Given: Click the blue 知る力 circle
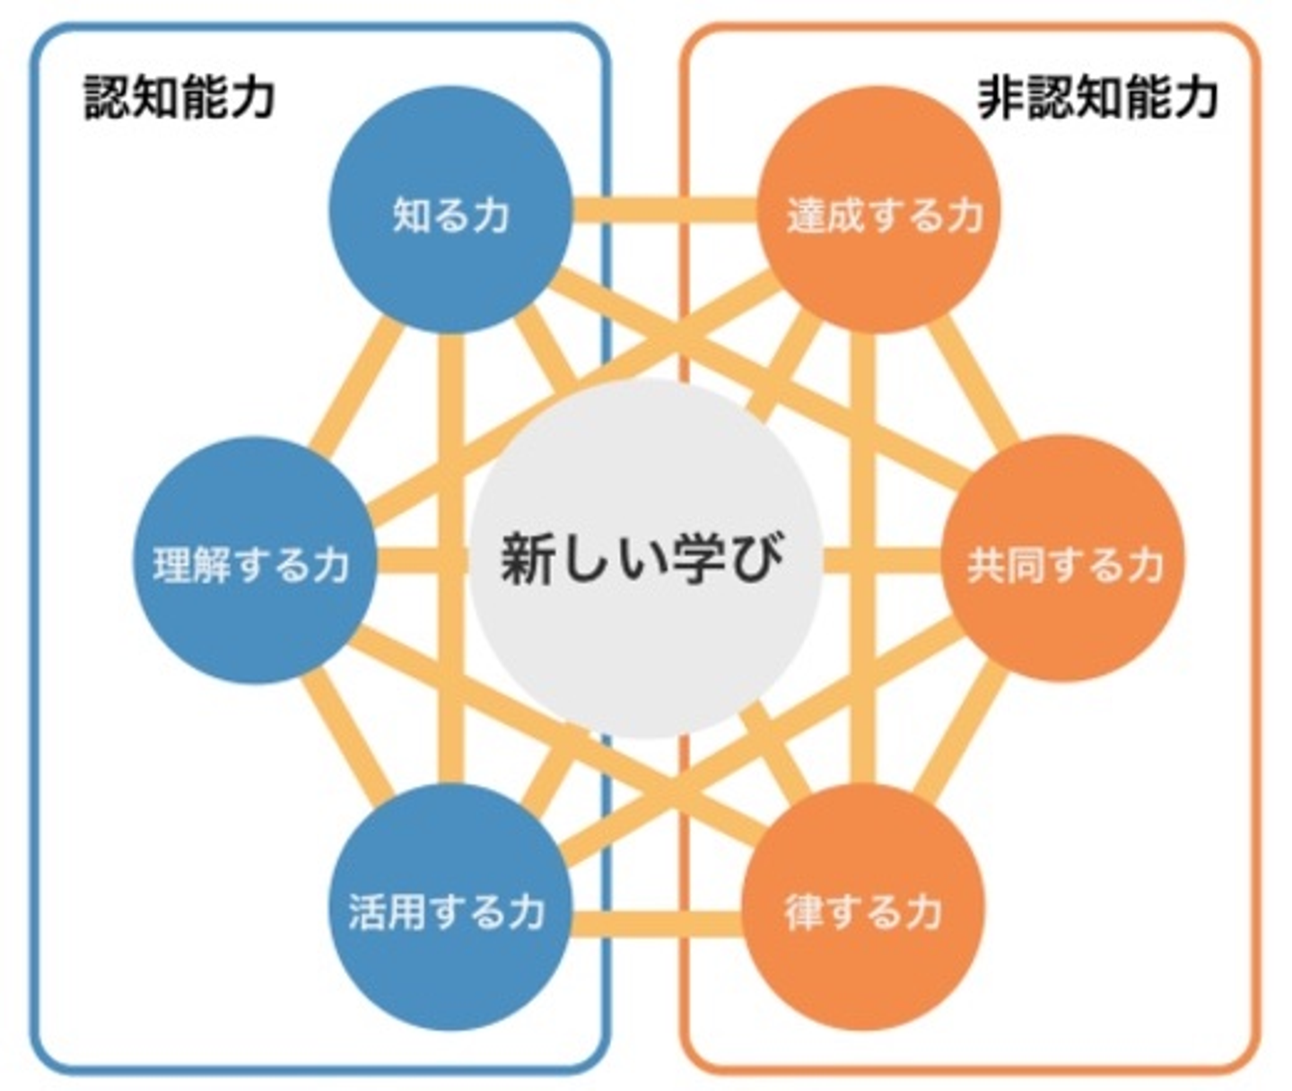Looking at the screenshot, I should coord(451,212).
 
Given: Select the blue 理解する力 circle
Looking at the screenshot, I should coord(254,562).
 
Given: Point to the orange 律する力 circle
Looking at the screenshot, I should coord(863,908).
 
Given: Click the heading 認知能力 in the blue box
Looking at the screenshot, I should coord(179,96).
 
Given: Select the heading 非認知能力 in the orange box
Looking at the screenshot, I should coord(1096,96).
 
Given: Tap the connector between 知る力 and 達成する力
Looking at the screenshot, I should coord(664,210).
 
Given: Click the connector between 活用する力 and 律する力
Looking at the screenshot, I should coord(657,922).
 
